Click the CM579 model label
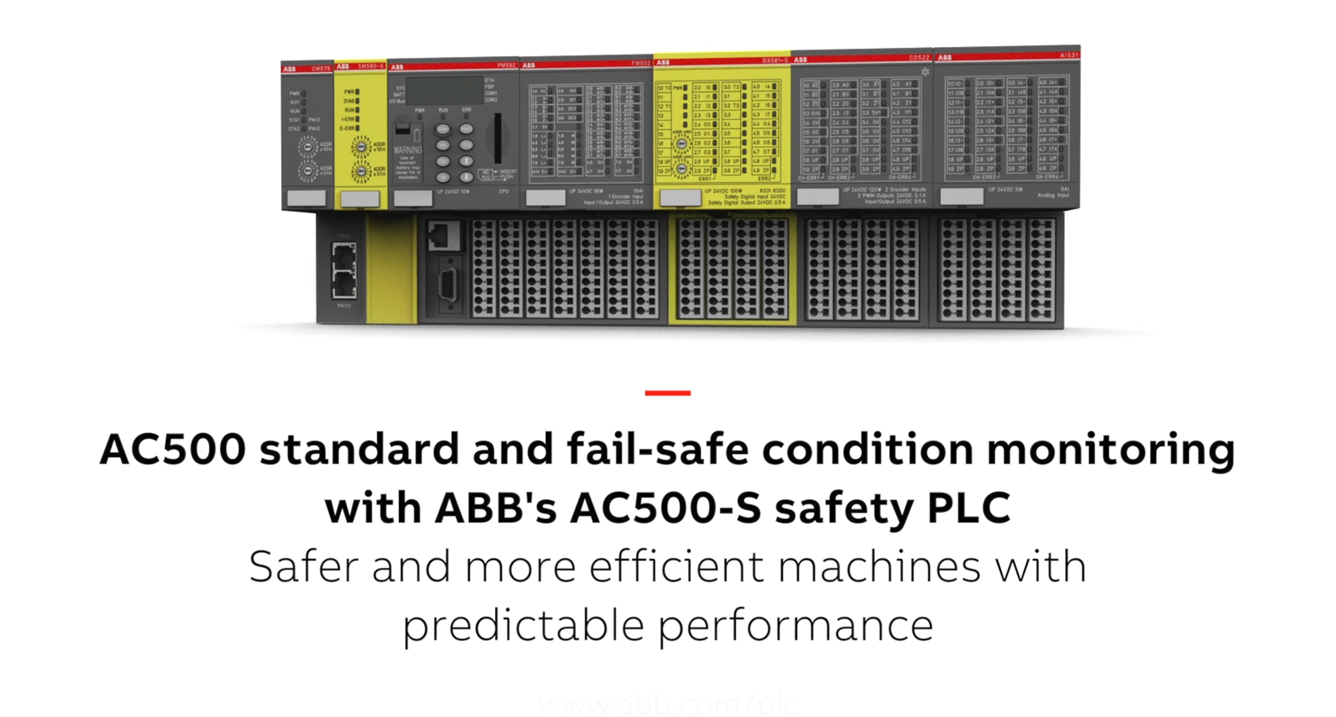click(x=320, y=69)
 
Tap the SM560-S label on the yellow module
click(x=371, y=66)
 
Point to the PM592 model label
click(x=506, y=65)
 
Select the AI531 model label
click(x=1068, y=55)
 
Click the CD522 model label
click(x=919, y=58)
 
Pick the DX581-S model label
click(x=775, y=61)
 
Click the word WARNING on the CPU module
click(x=408, y=150)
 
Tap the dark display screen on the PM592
click(x=444, y=90)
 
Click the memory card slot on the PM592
click(x=498, y=138)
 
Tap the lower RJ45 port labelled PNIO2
click(x=344, y=285)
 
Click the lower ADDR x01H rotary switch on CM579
click(x=308, y=171)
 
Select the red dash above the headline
click(x=668, y=393)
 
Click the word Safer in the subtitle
click(x=304, y=567)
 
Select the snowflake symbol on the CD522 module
click(x=925, y=71)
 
